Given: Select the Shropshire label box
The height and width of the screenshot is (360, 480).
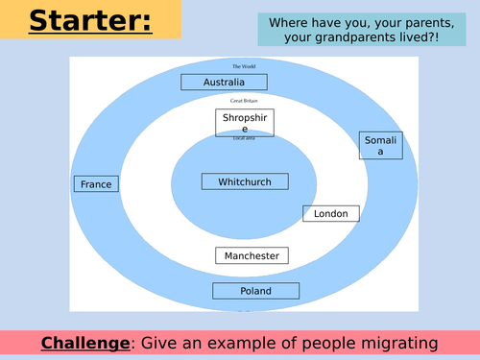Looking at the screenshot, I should [x=245, y=122].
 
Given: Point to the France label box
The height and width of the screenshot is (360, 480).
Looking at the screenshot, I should [x=97, y=183].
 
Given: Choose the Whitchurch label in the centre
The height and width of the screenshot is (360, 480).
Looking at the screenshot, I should [x=245, y=181].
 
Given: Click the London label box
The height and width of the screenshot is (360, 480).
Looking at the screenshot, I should [x=331, y=214].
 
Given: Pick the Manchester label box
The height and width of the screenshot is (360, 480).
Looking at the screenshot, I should [x=252, y=256].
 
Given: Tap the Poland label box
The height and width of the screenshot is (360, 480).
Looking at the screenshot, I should [x=255, y=291].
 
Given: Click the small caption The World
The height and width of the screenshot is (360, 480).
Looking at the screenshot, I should [x=242, y=66].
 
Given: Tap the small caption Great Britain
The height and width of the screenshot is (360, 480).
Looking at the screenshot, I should [x=243, y=100].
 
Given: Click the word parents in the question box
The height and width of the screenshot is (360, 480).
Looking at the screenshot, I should [x=420, y=21].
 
